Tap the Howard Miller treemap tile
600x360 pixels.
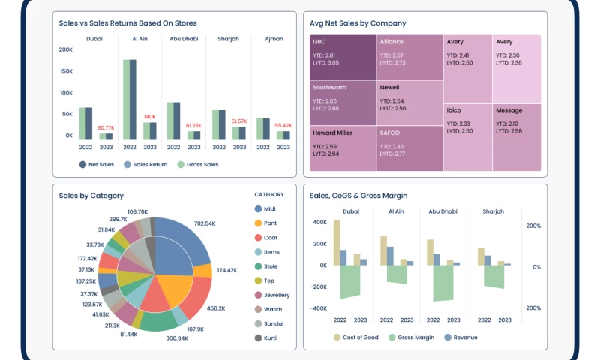point(343,148)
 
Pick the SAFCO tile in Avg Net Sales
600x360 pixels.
point(409,148)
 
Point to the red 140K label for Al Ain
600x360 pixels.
point(149,117)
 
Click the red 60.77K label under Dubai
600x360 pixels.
point(106,128)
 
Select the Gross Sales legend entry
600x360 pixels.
point(197,164)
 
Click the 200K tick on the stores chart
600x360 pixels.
point(66,49)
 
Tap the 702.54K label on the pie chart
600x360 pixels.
point(204,223)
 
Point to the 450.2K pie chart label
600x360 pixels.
point(216,308)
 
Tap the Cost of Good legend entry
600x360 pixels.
point(355,337)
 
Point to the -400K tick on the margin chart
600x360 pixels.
point(318,308)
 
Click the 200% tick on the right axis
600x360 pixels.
point(532,226)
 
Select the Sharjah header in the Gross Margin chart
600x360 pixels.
point(493,211)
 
